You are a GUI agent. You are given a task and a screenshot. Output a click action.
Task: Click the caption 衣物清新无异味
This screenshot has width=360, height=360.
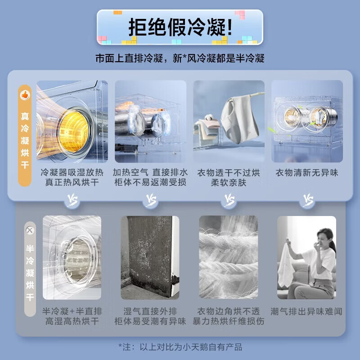tap(307, 173)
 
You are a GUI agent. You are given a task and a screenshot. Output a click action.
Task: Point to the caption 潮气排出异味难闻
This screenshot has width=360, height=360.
tap(306, 311)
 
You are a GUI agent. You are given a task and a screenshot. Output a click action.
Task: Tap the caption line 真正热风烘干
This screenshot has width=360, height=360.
tap(72, 183)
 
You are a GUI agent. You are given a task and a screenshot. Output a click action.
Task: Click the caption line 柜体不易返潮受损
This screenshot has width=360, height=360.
tap(150, 183)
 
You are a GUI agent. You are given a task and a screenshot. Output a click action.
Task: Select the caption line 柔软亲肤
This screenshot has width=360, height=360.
tap(229, 183)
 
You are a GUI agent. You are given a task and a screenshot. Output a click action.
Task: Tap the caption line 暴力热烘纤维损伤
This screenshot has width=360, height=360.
tap(229, 321)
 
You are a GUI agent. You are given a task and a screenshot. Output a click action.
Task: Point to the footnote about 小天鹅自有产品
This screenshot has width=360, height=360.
tap(180, 347)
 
